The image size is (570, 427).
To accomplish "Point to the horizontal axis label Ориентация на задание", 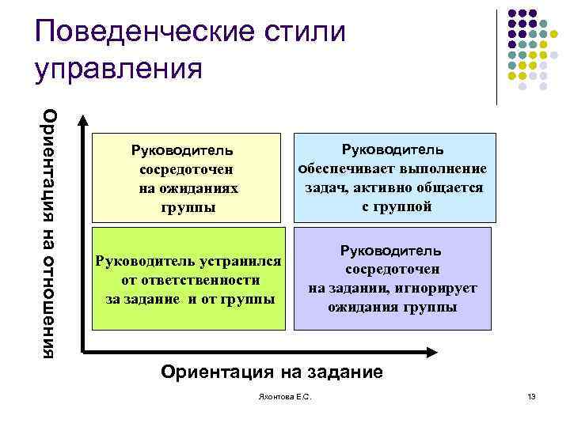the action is point(271,372).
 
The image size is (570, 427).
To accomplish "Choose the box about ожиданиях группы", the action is point(188,179).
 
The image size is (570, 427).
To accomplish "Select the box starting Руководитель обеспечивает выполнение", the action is point(393,178).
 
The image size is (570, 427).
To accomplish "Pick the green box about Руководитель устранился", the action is point(188,279).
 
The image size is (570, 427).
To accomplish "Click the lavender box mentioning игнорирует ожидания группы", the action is point(393,278).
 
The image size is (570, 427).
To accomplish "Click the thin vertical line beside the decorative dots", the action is point(496,55).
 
